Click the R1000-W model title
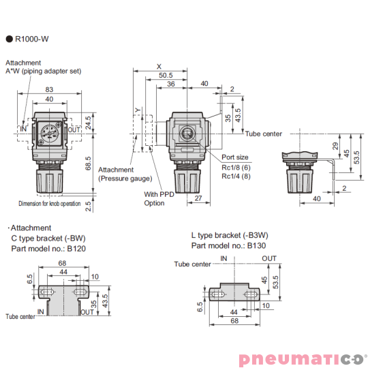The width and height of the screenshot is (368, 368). coord(31,39)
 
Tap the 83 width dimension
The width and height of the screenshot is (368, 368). coord(49,89)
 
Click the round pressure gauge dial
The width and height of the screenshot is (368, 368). coord(50,134)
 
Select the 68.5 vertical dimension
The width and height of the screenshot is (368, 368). coord(88,164)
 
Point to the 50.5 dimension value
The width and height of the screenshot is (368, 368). coord(166,76)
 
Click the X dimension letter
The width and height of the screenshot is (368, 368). coord(159,66)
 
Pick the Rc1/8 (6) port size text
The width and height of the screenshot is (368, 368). coord(236,168)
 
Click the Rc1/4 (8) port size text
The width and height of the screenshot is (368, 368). coord(236,176)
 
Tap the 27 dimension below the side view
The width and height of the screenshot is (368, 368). coord(198,198)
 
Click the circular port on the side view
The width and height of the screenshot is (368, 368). coord(187,134)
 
